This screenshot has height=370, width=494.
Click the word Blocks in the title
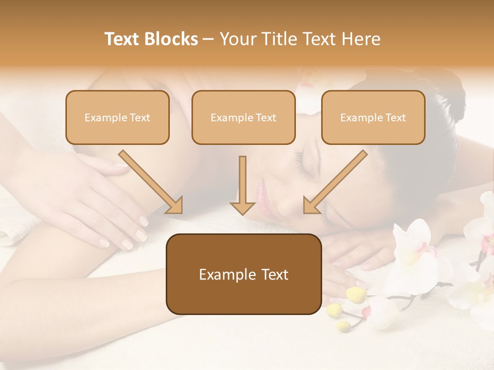pos(172,39)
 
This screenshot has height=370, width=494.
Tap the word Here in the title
pos(362,39)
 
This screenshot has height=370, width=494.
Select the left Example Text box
pos(117,118)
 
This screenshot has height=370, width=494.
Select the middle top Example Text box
pos(243,118)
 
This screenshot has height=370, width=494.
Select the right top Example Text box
pos(373,118)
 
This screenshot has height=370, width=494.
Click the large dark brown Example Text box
pos(243,274)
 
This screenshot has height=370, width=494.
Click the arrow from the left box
pos(152,182)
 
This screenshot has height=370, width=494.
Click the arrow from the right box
pos(334,182)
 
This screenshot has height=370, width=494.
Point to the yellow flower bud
pos(356,294)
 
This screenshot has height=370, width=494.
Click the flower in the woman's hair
pos(309,92)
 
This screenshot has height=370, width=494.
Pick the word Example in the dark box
pos(221,274)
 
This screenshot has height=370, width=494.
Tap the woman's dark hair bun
pos(443,92)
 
